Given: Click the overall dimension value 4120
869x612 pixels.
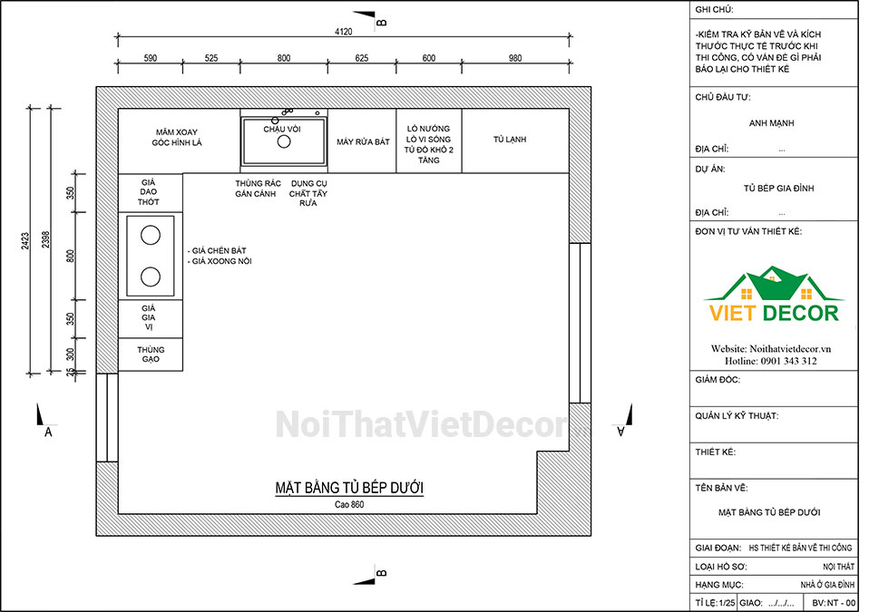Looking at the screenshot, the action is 344,32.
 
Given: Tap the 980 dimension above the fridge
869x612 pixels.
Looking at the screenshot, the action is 515,58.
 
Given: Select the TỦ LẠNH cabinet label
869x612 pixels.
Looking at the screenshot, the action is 510,140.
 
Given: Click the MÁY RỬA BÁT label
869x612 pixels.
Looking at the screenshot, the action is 363,141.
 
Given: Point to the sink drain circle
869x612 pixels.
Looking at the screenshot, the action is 284,141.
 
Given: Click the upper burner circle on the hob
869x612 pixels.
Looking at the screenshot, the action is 151,236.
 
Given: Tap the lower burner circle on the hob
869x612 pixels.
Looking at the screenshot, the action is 151,277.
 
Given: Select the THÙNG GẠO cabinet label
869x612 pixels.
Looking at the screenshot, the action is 151,355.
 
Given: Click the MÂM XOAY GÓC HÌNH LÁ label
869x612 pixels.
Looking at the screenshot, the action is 177,137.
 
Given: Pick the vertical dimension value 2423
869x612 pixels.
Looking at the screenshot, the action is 25,241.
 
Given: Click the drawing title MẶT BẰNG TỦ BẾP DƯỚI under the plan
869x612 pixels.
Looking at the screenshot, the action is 349,488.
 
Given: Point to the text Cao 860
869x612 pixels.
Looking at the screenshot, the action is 349,504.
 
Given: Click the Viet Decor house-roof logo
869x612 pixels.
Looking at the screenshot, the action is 774,284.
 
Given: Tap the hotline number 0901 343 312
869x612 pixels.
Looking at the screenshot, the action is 788,361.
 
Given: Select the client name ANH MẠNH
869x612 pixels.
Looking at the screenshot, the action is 771,123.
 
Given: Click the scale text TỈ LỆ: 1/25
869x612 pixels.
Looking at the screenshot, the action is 715,603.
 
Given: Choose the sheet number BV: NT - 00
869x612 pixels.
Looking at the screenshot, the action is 834,603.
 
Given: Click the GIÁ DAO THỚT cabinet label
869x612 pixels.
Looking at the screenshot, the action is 149,192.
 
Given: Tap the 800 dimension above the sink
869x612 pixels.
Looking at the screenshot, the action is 284,58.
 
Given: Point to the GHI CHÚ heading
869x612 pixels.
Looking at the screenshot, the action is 715,10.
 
